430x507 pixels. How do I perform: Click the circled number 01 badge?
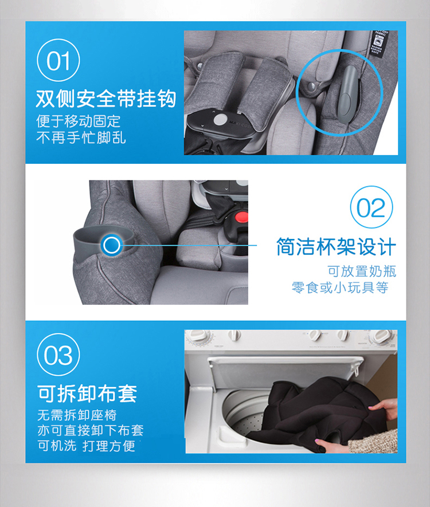[58, 60]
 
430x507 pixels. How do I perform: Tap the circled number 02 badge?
[371, 207]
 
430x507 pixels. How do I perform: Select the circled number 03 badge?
[58, 355]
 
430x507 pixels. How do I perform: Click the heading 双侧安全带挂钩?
[106, 99]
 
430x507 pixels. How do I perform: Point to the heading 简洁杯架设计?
[336, 247]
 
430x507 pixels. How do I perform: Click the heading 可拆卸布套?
[87, 394]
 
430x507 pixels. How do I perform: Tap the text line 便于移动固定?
[79, 121]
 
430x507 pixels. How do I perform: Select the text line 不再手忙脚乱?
[81, 137]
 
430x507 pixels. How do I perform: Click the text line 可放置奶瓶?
[362, 272]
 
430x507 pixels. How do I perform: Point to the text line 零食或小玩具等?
[340, 288]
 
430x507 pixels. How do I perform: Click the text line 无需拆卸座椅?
[77, 415]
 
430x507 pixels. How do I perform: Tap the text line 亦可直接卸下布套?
[90, 430]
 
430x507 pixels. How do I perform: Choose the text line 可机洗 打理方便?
[87, 446]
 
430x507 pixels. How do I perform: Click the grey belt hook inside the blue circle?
[346, 94]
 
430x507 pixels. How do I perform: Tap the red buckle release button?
[241, 217]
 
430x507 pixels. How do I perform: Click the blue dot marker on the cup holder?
[111, 245]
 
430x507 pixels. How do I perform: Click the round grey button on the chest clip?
[220, 120]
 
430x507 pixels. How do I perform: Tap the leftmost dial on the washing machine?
[201, 336]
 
